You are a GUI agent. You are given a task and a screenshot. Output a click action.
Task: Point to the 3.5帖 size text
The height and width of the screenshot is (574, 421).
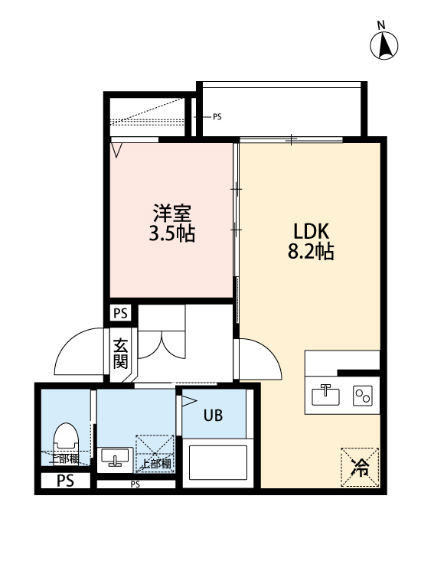point(171,233)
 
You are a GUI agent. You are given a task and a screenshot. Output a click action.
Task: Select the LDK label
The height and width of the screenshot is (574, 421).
point(311,230)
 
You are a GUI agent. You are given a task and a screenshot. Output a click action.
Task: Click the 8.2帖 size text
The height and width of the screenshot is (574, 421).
point(311,252)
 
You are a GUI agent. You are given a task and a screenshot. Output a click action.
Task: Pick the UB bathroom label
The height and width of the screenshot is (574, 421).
point(213,416)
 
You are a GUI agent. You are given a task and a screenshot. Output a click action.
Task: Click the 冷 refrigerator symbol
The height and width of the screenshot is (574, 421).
point(359,466)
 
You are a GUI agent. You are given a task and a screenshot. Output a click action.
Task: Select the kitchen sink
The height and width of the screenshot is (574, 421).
point(326,395)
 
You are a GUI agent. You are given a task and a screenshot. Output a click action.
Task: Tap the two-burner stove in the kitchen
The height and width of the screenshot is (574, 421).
point(361,395)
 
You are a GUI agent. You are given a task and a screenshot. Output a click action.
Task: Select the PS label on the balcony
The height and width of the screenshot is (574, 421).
point(217,117)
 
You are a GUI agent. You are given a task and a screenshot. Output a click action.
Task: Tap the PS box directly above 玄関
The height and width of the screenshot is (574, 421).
point(120,313)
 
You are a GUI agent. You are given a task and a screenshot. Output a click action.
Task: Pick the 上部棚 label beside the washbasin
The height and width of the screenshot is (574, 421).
point(155,463)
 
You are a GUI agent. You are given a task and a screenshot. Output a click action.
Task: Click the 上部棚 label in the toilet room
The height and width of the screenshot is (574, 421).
point(64,458)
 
